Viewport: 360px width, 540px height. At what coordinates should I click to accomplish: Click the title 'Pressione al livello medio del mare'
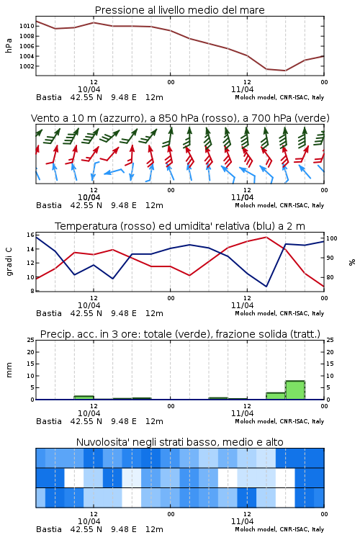pos(179,10)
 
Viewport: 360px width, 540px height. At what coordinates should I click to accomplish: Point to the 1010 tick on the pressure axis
pos(27,26)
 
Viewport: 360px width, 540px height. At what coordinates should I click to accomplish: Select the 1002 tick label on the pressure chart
pos(27,66)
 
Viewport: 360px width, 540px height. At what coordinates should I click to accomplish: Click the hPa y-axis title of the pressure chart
pos(9,45)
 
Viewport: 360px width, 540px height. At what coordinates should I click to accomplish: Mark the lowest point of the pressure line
pos(285,71)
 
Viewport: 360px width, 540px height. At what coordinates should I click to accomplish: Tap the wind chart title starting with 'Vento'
pos(180,118)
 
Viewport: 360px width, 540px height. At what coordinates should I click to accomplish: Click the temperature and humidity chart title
pos(180,226)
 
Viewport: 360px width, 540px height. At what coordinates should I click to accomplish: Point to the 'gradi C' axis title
pos(9,262)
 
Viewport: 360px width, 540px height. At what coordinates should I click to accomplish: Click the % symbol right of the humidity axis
pos(352,262)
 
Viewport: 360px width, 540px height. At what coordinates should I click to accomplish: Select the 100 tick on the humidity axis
pos(332,238)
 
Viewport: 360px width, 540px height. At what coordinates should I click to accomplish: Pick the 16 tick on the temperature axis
pos(30,235)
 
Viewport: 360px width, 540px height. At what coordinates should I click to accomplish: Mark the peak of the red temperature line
pos(266,237)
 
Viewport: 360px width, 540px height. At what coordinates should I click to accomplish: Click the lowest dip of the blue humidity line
pos(266,286)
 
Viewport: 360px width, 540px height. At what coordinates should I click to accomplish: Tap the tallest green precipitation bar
pos(295,390)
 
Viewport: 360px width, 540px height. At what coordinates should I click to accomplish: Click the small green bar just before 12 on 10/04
pos(84,397)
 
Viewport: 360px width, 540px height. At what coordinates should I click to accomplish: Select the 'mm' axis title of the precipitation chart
pos(9,370)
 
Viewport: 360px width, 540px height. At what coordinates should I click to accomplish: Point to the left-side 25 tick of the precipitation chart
pos(30,340)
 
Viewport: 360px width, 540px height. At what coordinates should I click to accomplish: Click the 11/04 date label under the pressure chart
pos(242,89)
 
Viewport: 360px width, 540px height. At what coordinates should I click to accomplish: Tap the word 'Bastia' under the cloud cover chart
pos(48,529)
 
